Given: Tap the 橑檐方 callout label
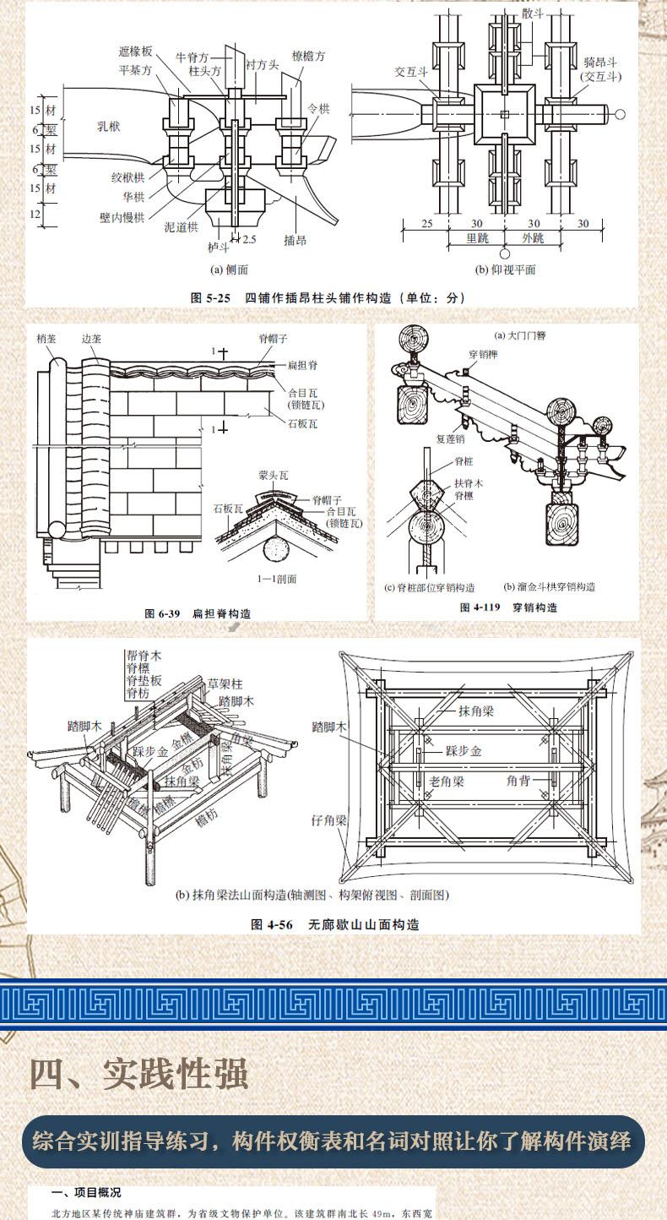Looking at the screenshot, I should (x=308, y=57).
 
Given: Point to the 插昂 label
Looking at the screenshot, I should (x=295, y=241).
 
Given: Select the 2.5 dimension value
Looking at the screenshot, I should (x=249, y=240).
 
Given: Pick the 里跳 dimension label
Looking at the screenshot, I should (x=478, y=238).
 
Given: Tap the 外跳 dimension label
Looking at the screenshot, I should (x=533, y=238).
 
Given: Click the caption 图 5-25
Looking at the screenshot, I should (x=211, y=297).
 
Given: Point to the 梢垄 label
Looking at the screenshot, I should (x=46, y=338).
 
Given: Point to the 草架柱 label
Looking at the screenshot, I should (x=225, y=683).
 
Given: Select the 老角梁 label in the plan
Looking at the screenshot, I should (x=447, y=782).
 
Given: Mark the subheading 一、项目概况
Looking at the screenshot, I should (x=86, y=1192).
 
